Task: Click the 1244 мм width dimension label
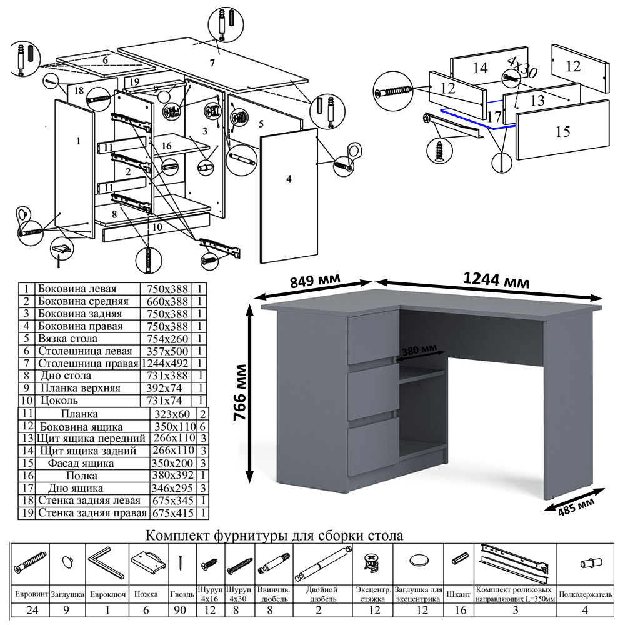496,281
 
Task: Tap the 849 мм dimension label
316,281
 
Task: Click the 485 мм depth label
576,504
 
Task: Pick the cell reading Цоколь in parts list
59,400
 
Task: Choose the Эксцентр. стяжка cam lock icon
372,562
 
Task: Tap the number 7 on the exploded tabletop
212,62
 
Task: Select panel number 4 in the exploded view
288,179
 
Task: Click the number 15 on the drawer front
562,131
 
